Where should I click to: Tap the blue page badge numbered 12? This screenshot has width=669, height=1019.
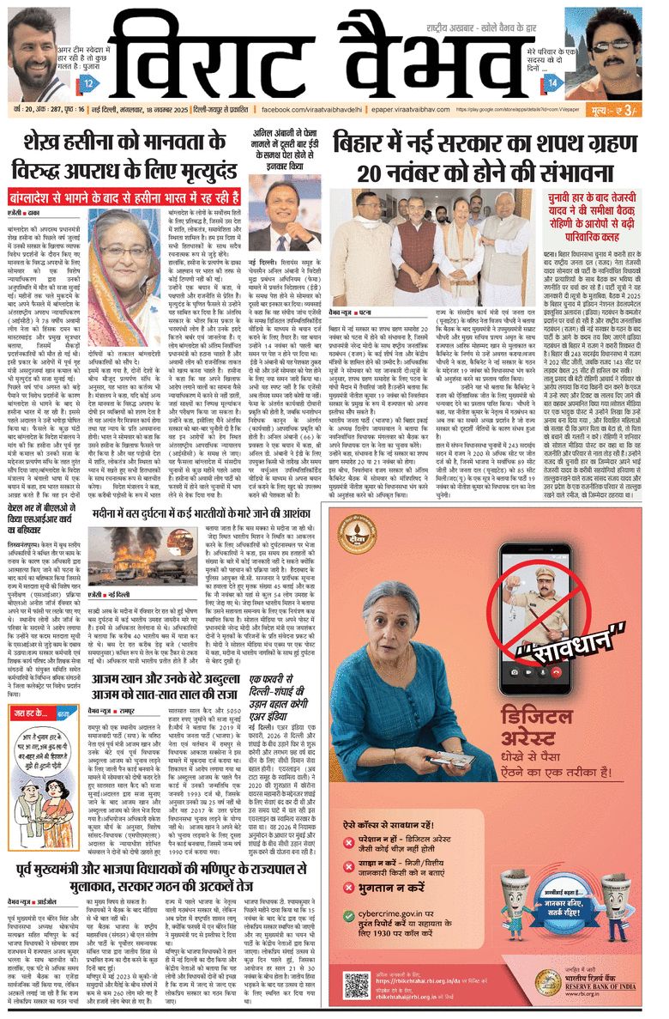pos(89,83)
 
